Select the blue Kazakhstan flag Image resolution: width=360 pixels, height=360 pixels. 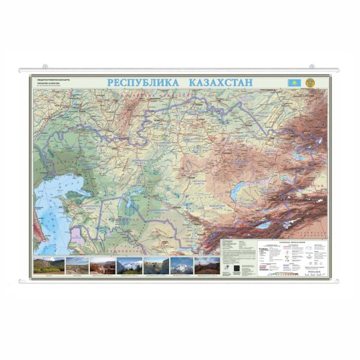(x=295, y=82)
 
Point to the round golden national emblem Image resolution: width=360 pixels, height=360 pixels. (x=310, y=82)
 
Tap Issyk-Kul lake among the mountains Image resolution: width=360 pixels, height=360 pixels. (x=265, y=226)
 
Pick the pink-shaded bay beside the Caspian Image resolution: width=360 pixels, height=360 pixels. (x=77, y=233)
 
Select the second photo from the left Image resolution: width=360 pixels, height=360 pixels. (x=77, y=265)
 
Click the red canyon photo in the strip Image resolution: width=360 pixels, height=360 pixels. (x=102, y=265)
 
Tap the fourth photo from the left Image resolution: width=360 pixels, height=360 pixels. (x=130, y=265)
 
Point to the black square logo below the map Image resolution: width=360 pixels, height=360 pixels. (x=236, y=267)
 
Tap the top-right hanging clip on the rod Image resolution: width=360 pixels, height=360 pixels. (x=312, y=66)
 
